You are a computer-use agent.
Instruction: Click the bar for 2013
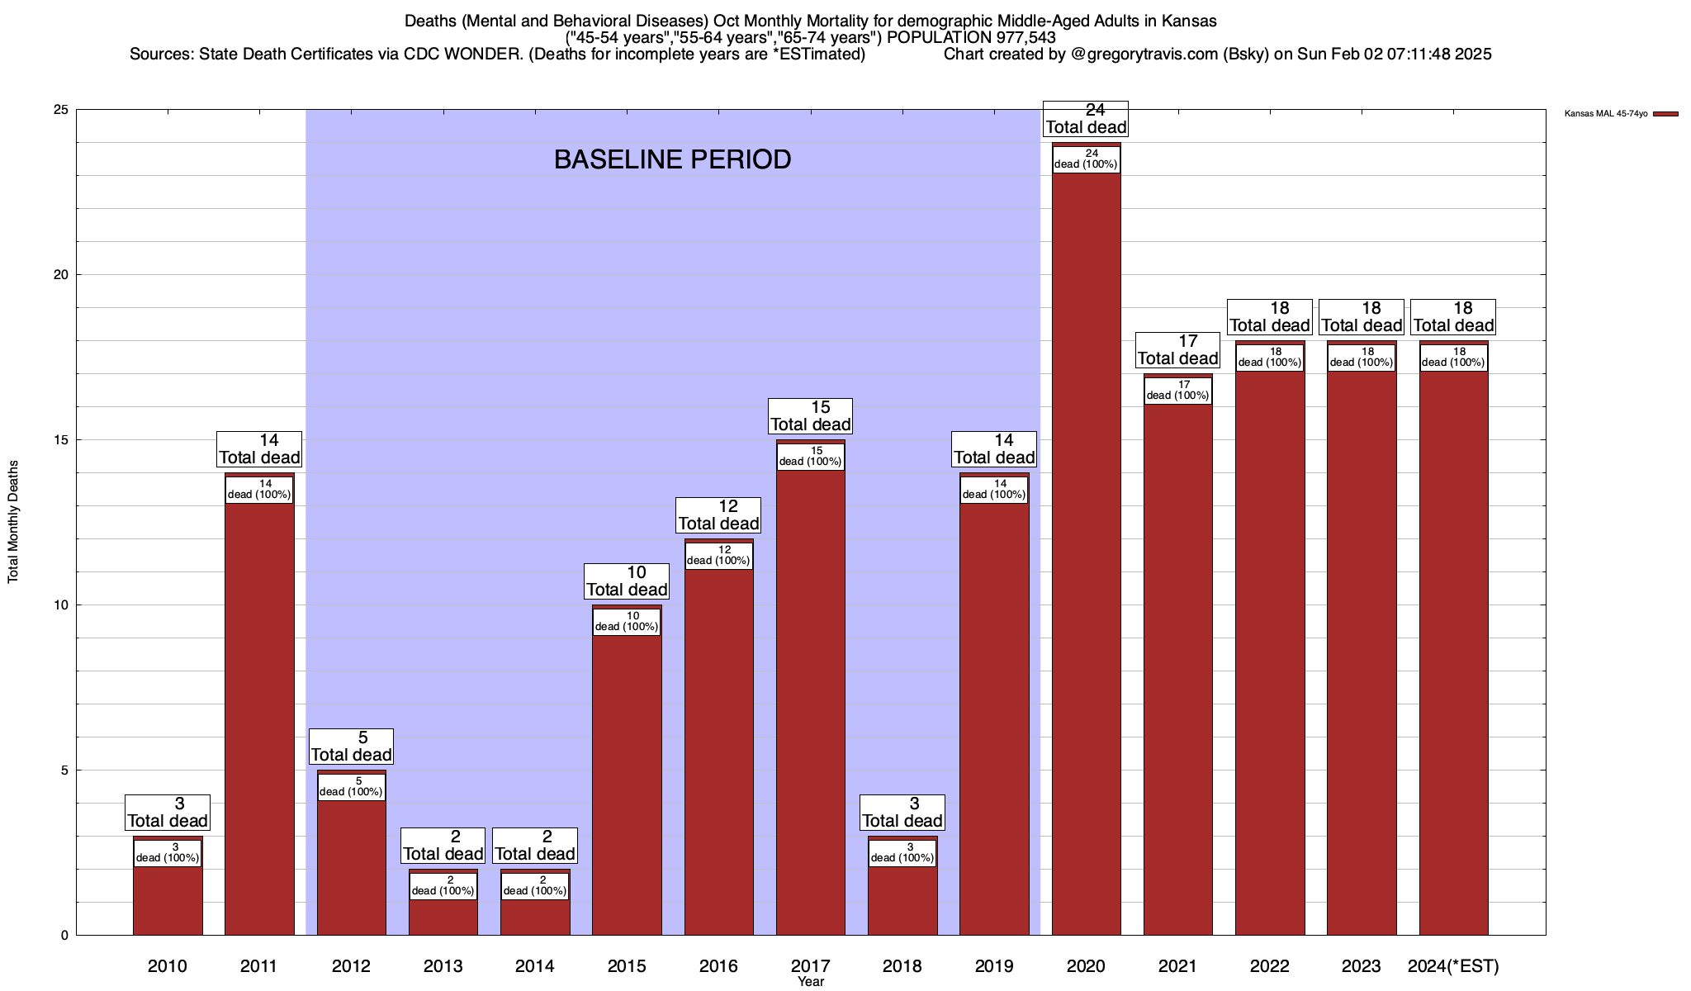click(x=443, y=917)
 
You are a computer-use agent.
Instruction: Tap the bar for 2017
click(x=810, y=702)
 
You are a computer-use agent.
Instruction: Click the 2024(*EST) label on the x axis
click(x=1453, y=965)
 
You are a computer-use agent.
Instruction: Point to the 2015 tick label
click(x=627, y=965)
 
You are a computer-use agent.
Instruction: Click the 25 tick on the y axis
click(x=61, y=110)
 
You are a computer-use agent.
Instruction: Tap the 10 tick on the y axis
click(x=61, y=605)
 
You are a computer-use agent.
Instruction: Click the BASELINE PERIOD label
click(x=672, y=159)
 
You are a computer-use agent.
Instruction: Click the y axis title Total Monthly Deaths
click(x=13, y=522)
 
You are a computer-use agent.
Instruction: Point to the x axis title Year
click(x=810, y=982)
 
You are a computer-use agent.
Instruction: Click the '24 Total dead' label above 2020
click(x=1086, y=118)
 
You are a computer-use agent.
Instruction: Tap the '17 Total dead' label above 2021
click(x=1177, y=349)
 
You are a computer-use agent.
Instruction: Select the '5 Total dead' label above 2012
click(x=351, y=746)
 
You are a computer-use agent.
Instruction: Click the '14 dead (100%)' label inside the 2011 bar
click(x=259, y=490)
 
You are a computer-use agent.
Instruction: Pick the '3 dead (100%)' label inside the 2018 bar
click(x=902, y=852)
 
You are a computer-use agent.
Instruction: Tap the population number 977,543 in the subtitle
click(x=1015, y=37)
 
